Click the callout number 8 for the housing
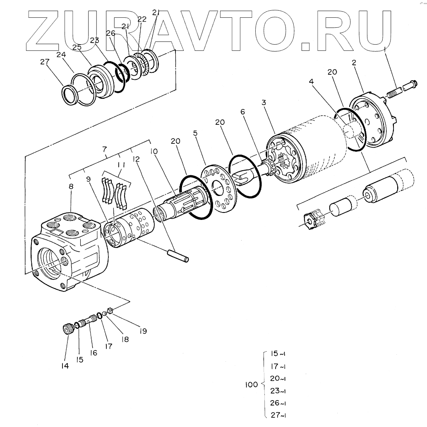coord(71,187)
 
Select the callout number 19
coord(143,331)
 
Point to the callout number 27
coord(45,62)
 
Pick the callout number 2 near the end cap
coord(354,62)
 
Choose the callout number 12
coord(135,159)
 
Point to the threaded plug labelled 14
coord(67,329)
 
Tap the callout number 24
coord(62,55)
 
